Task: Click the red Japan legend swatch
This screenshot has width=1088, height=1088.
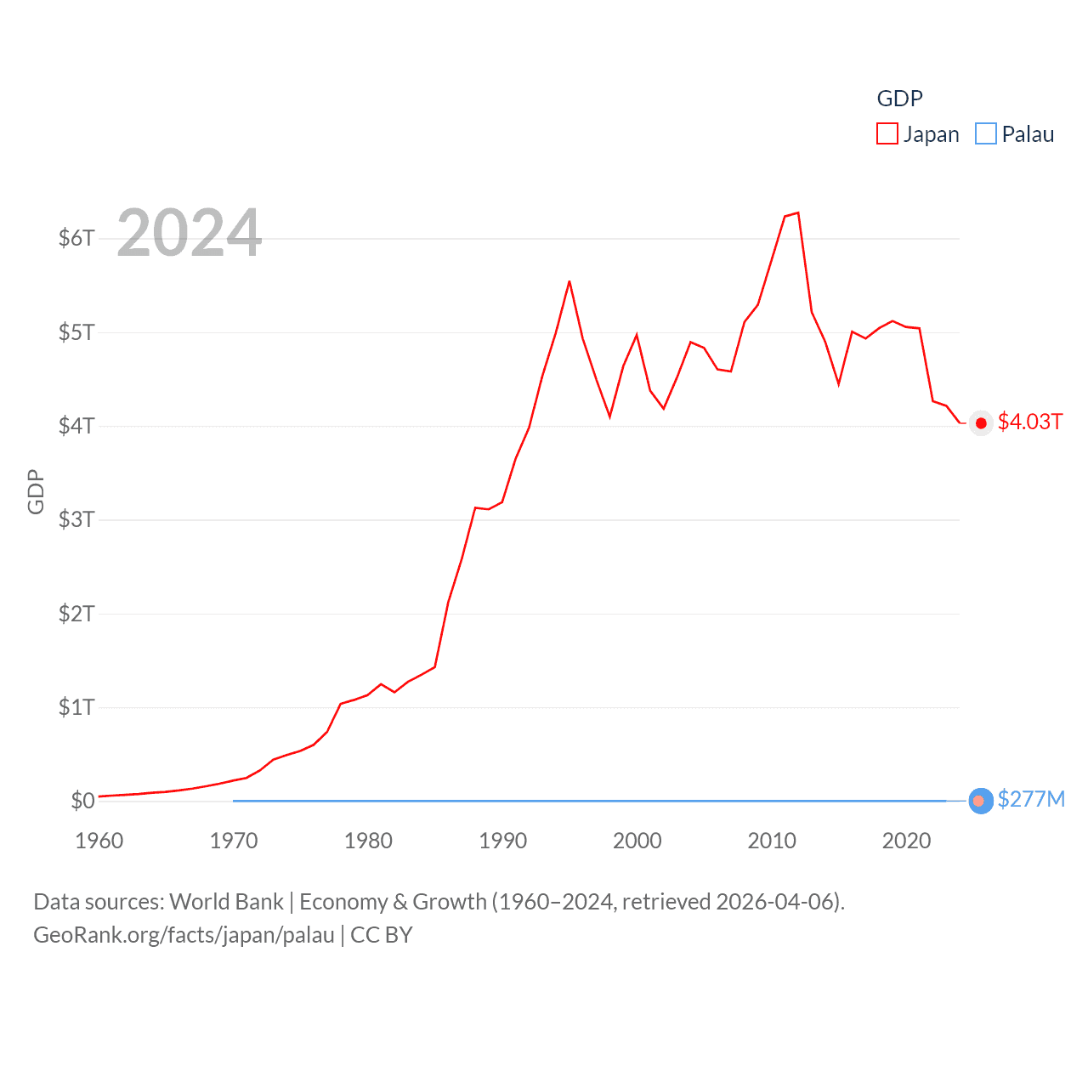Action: (x=887, y=134)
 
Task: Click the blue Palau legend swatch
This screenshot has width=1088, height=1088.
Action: (x=986, y=134)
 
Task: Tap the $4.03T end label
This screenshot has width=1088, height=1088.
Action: (x=1030, y=422)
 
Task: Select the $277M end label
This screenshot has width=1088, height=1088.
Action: (x=1031, y=800)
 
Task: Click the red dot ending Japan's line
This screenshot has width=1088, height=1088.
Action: (x=981, y=422)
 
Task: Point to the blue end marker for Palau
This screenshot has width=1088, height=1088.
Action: (x=981, y=801)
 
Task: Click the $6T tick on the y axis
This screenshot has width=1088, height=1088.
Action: (x=76, y=238)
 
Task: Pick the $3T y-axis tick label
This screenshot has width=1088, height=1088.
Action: (x=76, y=519)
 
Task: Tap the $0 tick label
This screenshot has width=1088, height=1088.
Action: (x=82, y=801)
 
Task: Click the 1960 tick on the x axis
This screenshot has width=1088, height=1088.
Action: (x=99, y=841)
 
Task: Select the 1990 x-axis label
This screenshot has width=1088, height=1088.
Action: (x=502, y=841)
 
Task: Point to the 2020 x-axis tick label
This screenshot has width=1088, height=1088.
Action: (x=906, y=841)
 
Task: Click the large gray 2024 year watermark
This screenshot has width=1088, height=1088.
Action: (x=189, y=233)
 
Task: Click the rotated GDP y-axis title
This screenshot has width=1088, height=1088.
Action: (x=36, y=491)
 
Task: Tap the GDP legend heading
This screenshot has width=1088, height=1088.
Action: (x=899, y=99)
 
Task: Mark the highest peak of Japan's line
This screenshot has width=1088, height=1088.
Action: (x=798, y=212)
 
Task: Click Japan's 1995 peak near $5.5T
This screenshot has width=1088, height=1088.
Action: (x=569, y=281)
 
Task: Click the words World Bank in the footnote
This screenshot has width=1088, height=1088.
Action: (x=226, y=902)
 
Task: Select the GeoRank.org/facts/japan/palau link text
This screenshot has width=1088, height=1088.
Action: (x=184, y=935)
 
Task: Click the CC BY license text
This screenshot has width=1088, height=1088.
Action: (x=382, y=935)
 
